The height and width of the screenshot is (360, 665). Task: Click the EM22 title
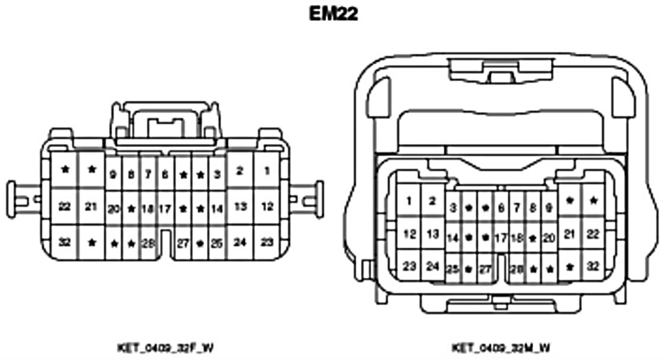pos(333,14)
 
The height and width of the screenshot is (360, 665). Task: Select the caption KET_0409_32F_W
pos(164,347)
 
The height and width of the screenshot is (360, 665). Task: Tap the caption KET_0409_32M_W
pos(500,347)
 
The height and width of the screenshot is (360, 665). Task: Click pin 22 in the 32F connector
pos(65,206)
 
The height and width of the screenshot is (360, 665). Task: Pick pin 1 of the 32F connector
pos(266,172)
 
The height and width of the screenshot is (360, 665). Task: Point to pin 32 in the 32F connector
pos(65,243)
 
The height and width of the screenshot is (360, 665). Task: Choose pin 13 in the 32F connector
pos(240,206)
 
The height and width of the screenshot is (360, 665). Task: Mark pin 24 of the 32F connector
pos(240,243)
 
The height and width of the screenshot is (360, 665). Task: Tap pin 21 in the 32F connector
pos(91,206)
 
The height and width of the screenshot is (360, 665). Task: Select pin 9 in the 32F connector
pos(113,175)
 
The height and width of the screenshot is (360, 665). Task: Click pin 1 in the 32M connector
pos(409,201)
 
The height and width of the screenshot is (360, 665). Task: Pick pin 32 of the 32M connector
pos(593,265)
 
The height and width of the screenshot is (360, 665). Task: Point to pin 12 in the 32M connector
pos(409,234)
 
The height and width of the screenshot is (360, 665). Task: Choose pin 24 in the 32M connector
pos(432,265)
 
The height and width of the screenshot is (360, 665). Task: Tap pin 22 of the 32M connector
pos(593,234)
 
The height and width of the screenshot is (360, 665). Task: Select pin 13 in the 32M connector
pos(432,234)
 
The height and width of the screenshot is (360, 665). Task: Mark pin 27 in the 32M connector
pos(485,269)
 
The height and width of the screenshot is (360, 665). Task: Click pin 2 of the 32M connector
pos(432,201)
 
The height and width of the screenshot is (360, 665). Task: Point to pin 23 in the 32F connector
pos(266,243)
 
